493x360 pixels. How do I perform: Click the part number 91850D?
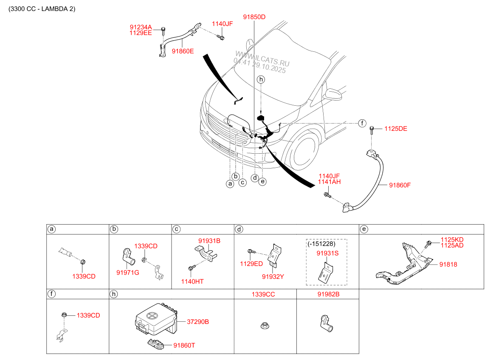(x=254, y=17)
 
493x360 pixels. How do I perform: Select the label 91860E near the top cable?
(x=183, y=51)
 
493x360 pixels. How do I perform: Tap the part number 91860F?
(x=400, y=185)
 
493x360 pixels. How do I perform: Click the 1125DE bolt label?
(x=395, y=129)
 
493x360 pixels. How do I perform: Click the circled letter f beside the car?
(x=362, y=123)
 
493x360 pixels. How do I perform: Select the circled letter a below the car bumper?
(x=230, y=183)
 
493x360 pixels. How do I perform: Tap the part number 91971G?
(x=128, y=272)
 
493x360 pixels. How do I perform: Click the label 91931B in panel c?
(x=209, y=240)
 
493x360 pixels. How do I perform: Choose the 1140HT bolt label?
(x=193, y=281)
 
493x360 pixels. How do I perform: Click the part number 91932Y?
(x=273, y=276)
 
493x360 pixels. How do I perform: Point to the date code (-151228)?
(x=321, y=244)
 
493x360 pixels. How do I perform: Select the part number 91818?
(x=448, y=264)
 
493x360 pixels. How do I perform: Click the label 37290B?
(x=198, y=322)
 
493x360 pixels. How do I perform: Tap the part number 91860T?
(x=184, y=346)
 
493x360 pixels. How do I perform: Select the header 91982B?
(x=328, y=294)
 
